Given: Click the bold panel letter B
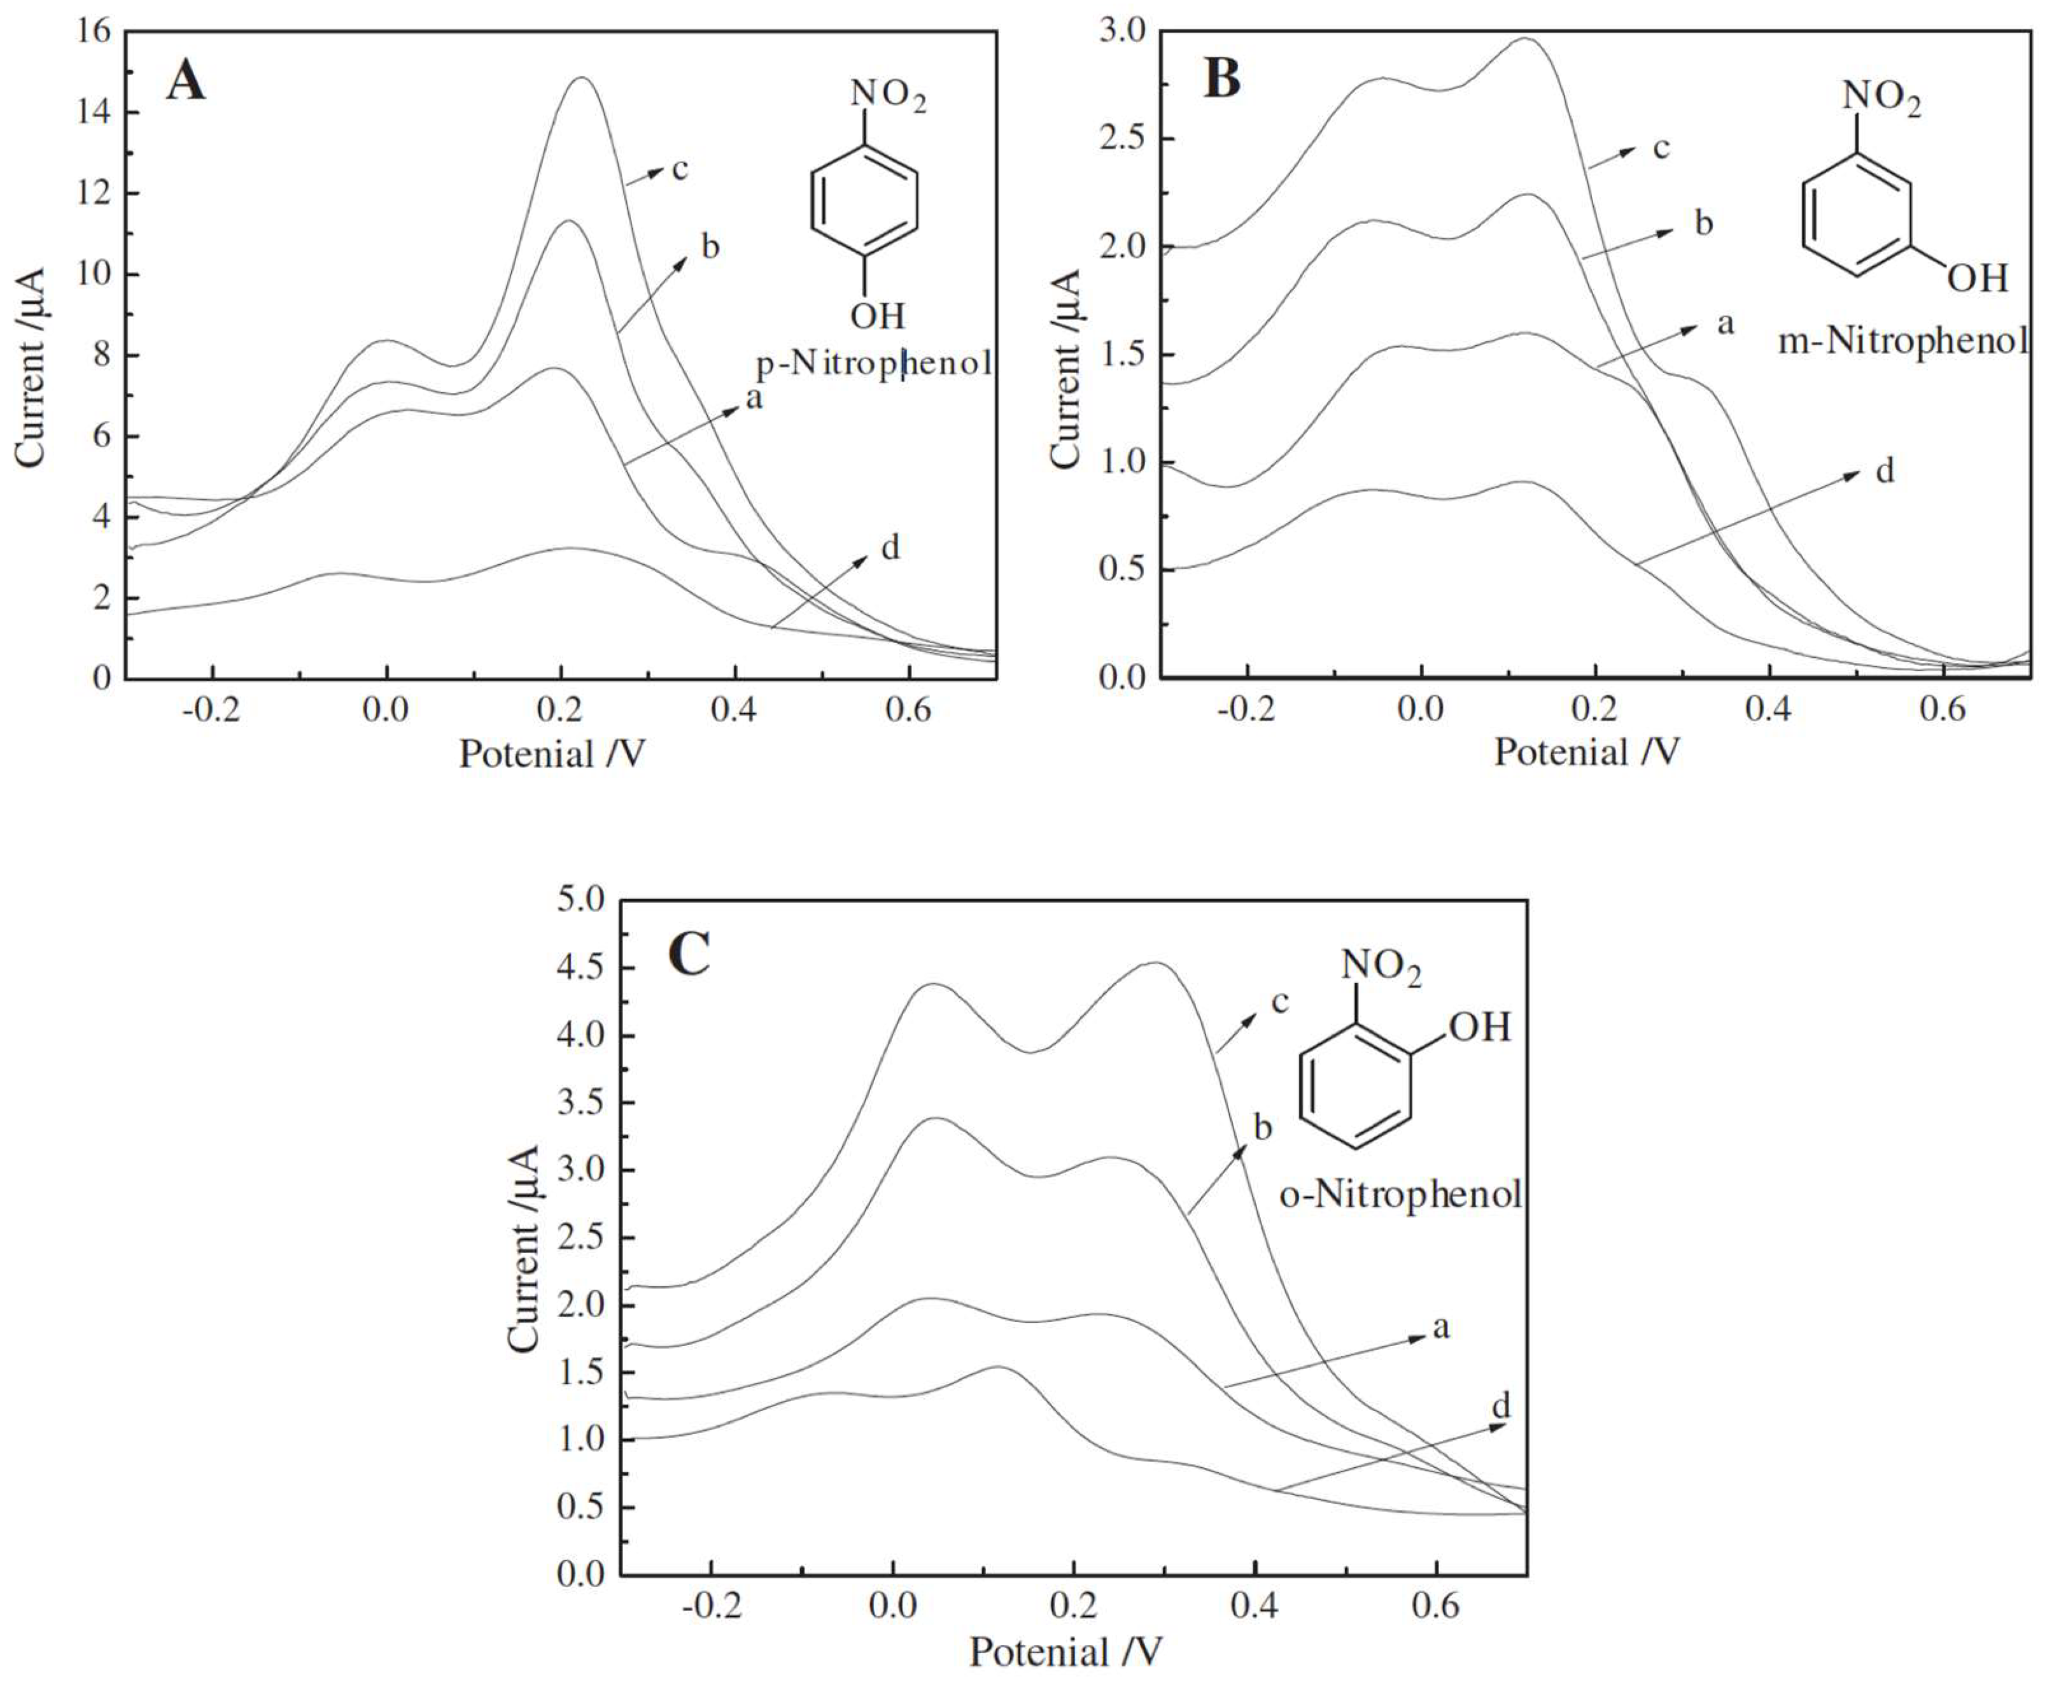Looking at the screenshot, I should point(1221,78).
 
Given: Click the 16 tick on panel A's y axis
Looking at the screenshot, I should point(94,32).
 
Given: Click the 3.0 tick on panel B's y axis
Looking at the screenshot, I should point(1124,32).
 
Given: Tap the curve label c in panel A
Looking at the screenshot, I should point(679,169).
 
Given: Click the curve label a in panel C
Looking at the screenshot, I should point(1440,1327).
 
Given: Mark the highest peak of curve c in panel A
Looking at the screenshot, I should point(582,78).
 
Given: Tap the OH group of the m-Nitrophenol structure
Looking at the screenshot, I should point(1977,279).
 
